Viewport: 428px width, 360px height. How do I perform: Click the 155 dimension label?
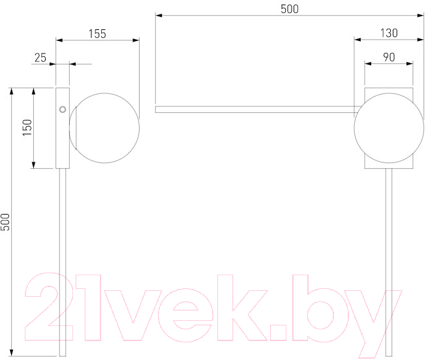click(97, 34)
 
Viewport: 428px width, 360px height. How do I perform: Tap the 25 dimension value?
click(40, 58)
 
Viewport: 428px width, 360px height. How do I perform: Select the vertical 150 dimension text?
click(27, 127)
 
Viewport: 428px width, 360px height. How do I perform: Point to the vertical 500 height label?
click(5, 222)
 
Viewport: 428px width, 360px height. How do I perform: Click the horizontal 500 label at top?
click(290, 9)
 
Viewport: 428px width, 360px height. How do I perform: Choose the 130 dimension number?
click(389, 33)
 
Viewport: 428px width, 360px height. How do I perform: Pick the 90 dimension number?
click(389, 57)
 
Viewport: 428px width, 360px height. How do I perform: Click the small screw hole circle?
click(63, 110)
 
